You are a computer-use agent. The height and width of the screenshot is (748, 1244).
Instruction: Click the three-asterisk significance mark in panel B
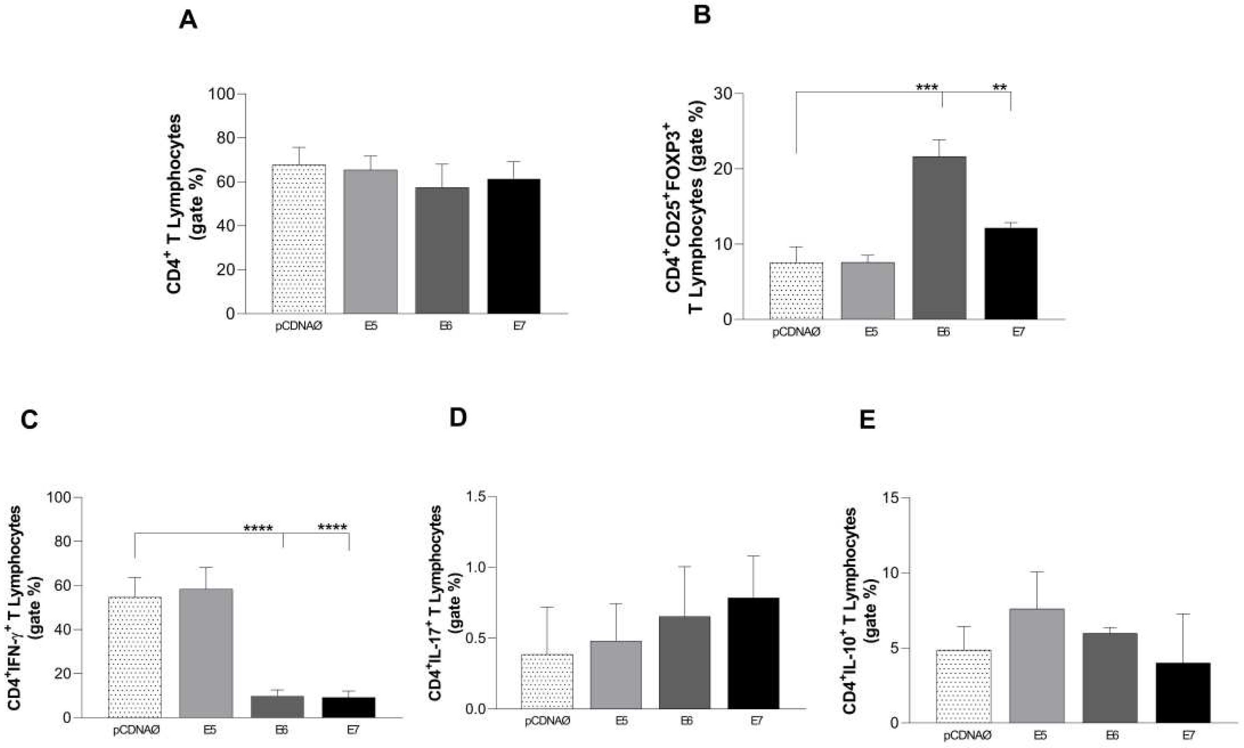pyautogui.click(x=927, y=88)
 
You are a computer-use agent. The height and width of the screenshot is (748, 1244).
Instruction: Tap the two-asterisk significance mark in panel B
pyautogui.click(x=999, y=88)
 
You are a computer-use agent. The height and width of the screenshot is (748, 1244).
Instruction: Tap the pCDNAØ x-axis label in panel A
pyautogui.click(x=298, y=326)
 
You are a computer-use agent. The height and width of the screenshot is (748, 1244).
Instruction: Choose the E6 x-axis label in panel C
pyautogui.click(x=281, y=729)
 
